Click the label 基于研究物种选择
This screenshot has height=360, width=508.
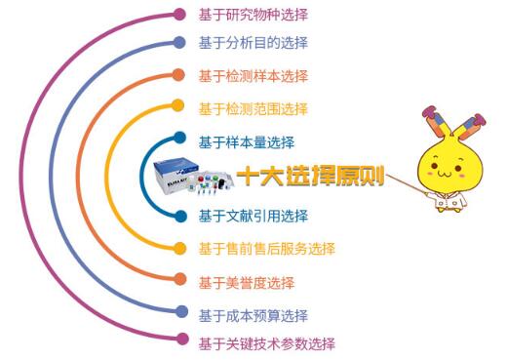pyautogui.click(x=253, y=15)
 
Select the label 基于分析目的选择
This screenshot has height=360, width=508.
pyautogui.click(x=253, y=43)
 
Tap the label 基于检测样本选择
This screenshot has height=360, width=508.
pyautogui.click(x=253, y=75)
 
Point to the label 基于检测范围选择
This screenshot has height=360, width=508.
pyautogui.click(x=253, y=108)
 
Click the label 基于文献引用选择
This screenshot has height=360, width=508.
pyautogui.click(x=253, y=216)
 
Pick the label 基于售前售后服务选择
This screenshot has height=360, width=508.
pyautogui.click(x=266, y=248)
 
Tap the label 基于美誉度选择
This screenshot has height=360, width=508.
pyautogui.click(x=246, y=282)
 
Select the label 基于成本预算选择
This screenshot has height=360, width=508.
pyautogui.click(x=253, y=315)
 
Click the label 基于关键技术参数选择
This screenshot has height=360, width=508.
pyautogui.click(x=266, y=343)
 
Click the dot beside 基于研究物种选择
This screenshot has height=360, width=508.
pyautogui.click(x=179, y=15)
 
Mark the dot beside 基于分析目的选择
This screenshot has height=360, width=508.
pyautogui.click(x=179, y=43)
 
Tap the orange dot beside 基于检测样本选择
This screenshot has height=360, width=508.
pyautogui.click(x=179, y=75)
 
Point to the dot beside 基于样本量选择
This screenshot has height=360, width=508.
pyautogui.click(x=179, y=140)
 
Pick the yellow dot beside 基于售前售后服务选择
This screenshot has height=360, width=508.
pyautogui.click(x=179, y=248)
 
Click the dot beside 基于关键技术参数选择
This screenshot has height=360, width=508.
pyautogui.click(x=179, y=340)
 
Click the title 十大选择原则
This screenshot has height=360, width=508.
pyautogui.click(x=310, y=178)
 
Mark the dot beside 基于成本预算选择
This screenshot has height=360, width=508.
pyautogui.click(x=179, y=313)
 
